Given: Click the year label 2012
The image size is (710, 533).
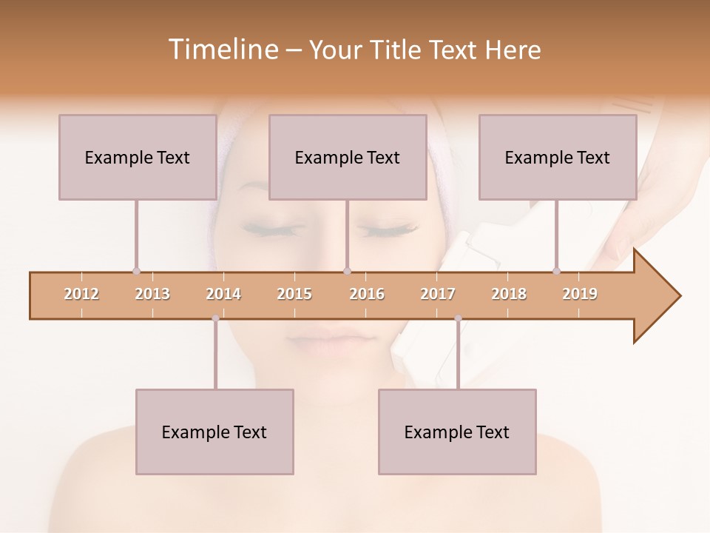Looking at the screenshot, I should tap(81, 294).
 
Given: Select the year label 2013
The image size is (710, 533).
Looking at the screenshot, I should tap(152, 294).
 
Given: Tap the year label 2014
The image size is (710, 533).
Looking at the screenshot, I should tap(223, 294).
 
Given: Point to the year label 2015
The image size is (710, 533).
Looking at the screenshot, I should tap(294, 294).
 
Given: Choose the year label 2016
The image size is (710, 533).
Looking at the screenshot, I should tap(367, 294).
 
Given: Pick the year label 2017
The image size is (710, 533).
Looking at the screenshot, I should tap(438, 294).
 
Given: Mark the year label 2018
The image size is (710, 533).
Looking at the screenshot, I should tap(509, 294).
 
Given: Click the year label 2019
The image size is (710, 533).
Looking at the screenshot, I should tap(580, 294).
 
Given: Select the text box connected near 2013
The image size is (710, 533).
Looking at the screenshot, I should tap(138, 157).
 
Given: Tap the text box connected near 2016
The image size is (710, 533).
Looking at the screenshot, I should tap(348, 157).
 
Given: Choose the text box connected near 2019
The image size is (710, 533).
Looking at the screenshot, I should tap(558, 157).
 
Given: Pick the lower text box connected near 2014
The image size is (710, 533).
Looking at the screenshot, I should tap(214, 432).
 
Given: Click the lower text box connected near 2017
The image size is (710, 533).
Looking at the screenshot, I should tap(457, 432).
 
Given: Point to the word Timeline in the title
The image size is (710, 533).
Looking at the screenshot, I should tap(221, 50).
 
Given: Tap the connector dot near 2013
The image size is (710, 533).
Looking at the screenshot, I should tap(136, 271).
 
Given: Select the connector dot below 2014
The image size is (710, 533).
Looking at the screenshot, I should tap(215, 318).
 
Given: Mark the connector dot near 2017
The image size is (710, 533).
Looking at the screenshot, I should tap(458, 318).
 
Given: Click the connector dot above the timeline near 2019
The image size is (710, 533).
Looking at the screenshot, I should tap(556, 271).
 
